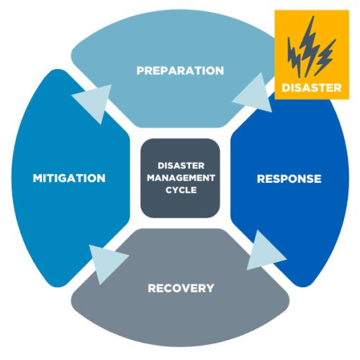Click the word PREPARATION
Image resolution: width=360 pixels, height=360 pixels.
click(180, 71)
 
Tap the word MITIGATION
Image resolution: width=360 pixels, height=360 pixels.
click(69, 178)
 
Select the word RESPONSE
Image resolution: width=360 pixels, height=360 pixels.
click(289, 178)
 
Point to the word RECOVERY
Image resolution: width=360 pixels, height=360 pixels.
click(181, 288)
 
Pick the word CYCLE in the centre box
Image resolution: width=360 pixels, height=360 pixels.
click(180, 190)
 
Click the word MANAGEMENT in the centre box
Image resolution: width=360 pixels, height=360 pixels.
click(180, 178)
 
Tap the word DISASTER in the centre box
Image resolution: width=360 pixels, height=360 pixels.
click(180, 166)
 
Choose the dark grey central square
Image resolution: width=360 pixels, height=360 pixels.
click(180, 178)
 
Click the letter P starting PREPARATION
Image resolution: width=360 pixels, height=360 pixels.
click(140, 71)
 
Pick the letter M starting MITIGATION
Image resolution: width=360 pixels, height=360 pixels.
click(37, 178)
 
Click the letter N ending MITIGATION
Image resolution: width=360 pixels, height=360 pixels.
click(102, 178)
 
